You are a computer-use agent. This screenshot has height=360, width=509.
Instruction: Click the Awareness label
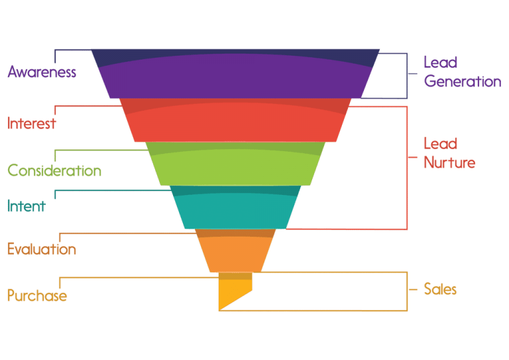42,72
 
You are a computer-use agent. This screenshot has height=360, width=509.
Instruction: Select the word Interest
32,123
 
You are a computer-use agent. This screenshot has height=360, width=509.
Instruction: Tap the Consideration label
54,170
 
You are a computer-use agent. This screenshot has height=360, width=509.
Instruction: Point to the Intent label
27,206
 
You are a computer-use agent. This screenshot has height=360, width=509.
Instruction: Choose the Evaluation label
42,249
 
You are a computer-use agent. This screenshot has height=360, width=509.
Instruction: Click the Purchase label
37,296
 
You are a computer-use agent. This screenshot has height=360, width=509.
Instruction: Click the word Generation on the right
463,81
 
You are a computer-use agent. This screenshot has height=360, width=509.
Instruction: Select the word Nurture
449,162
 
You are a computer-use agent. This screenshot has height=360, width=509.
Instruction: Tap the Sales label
440,289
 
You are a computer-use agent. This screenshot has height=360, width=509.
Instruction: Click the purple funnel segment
235,74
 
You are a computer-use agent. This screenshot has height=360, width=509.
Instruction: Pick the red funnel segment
235,120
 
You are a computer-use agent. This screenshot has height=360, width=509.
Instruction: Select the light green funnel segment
235,164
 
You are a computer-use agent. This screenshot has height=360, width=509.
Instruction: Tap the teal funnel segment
235,207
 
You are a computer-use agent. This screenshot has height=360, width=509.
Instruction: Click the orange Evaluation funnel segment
235,251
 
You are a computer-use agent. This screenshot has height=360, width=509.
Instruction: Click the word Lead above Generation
441,62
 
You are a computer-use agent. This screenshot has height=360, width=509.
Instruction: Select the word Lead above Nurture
441,143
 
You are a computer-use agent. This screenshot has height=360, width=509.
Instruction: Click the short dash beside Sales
413,289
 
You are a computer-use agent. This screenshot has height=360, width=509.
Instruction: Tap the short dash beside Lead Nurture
413,157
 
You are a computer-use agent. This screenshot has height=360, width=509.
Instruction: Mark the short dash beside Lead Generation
413,74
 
